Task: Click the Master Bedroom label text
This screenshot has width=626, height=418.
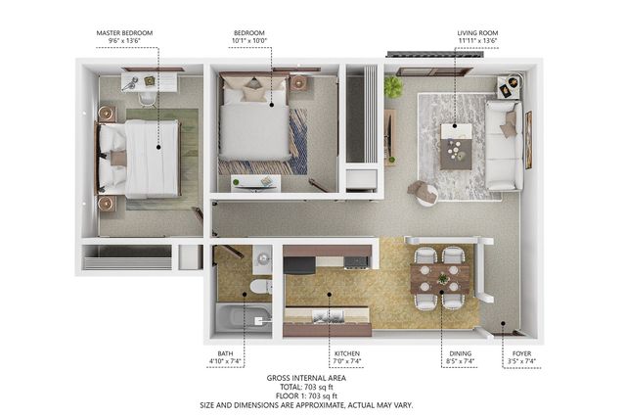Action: tap(124, 32)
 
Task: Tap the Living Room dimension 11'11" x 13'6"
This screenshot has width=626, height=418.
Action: tap(478, 40)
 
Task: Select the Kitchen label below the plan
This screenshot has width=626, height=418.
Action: tap(347, 353)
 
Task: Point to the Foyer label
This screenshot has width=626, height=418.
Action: tap(521, 353)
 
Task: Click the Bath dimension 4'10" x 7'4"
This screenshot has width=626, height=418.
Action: tap(225, 361)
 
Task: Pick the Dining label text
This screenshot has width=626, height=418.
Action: tap(461, 353)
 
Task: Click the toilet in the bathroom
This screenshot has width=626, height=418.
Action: tap(261, 287)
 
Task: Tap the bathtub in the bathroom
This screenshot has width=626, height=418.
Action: tap(244, 319)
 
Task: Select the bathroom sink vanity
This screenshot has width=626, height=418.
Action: tap(262, 259)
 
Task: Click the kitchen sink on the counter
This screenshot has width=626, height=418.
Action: tap(328, 316)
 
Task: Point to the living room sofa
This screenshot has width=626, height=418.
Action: tap(504, 145)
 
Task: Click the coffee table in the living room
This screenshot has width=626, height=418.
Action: tap(456, 147)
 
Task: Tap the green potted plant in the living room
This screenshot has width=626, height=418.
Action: tap(393, 87)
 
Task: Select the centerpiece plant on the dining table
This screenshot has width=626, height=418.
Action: tap(442, 278)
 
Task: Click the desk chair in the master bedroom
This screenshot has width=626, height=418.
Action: tap(147, 100)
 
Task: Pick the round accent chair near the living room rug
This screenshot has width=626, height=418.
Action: tap(424, 193)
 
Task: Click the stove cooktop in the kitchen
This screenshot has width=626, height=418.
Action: tap(356, 261)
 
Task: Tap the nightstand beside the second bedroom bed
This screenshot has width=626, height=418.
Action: tap(298, 83)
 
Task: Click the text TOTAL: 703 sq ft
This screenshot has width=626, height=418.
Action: tap(306, 387)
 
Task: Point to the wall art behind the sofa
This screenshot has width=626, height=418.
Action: tap(528, 140)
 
